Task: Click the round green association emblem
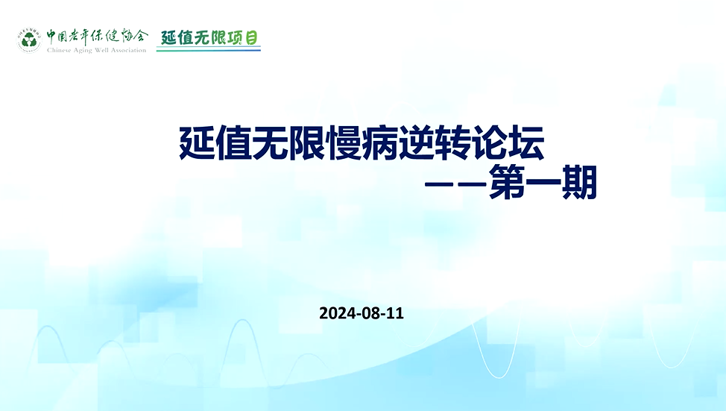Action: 29,40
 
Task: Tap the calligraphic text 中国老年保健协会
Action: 97,37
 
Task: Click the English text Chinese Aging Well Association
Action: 96,50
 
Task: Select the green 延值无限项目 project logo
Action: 209,39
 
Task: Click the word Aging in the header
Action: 81,51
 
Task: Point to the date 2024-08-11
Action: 362,313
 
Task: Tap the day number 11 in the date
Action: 395,313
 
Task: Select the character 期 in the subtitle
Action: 579,182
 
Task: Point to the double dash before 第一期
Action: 455,183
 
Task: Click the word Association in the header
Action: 128,50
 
